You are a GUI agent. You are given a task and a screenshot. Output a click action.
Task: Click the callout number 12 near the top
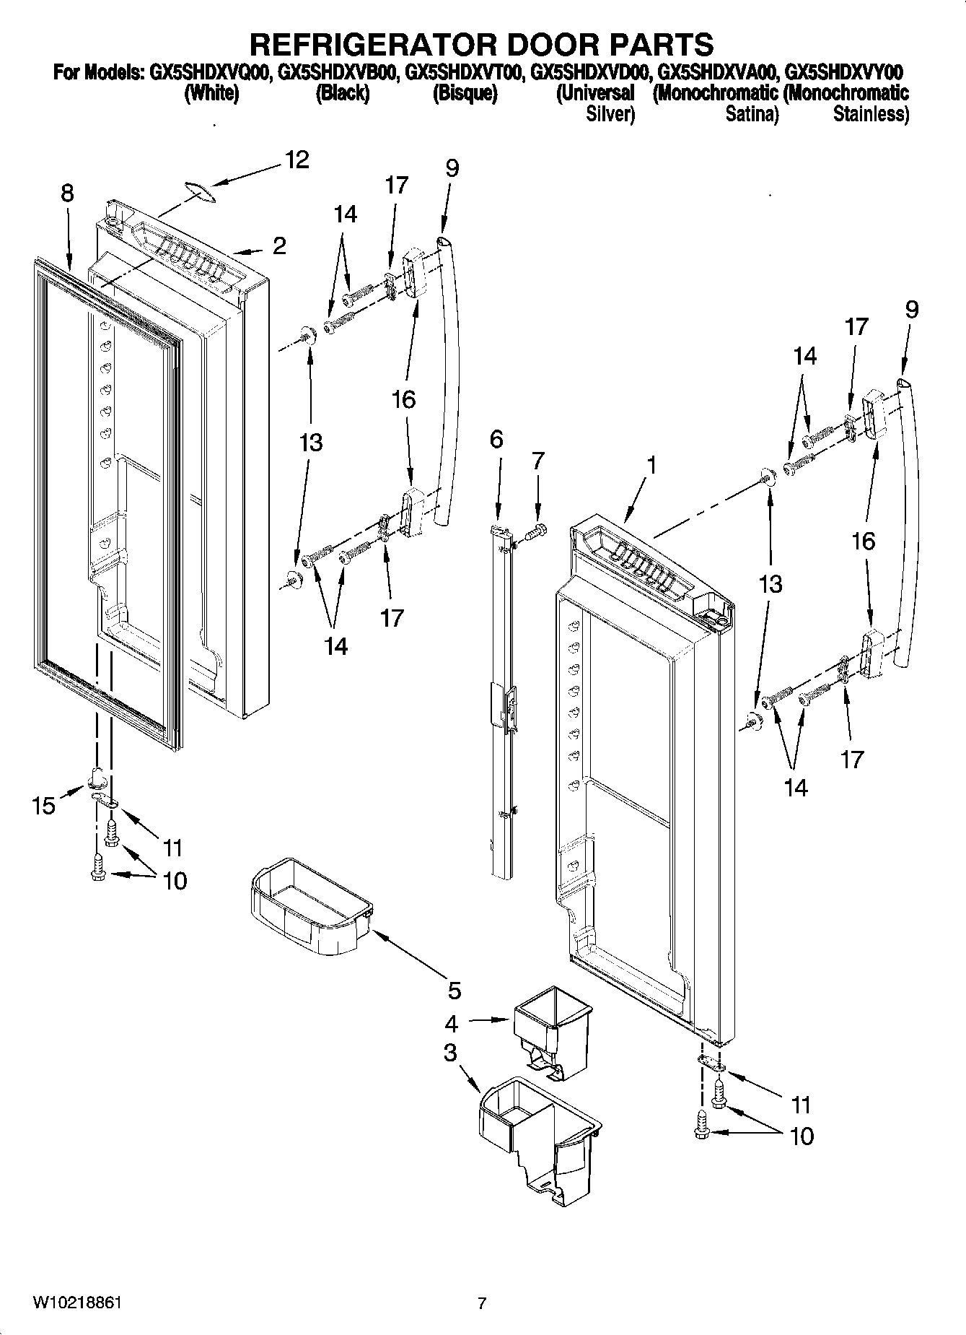click(297, 160)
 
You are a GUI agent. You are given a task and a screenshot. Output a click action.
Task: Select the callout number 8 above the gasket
click(67, 193)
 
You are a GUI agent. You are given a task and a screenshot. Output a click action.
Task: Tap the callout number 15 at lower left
click(44, 805)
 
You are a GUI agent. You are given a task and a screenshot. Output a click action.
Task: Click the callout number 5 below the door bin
click(454, 991)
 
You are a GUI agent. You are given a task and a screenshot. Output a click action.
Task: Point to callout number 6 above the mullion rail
click(496, 439)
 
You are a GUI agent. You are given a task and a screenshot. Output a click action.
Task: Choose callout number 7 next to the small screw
click(537, 460)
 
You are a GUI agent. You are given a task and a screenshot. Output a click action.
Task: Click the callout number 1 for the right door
click(651, 466)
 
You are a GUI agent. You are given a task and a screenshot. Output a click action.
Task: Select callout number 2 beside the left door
click(279, 246)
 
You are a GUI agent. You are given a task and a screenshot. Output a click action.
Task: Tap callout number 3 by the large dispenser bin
click(450, 1053)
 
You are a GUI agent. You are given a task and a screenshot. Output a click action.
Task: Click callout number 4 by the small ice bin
click(452, 1023)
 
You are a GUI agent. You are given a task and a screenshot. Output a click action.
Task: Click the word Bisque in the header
click(465, 94)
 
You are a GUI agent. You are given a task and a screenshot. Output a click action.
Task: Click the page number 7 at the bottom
click(482, 1304)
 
